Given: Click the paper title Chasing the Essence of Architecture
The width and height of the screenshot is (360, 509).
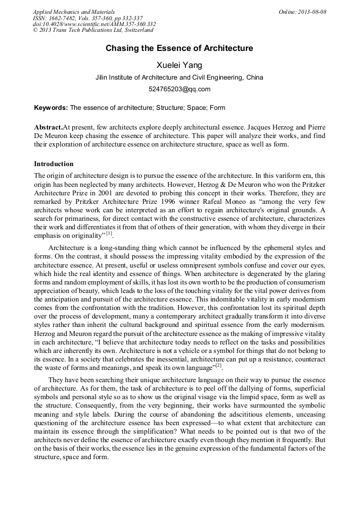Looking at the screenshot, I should click(x=179, y=49).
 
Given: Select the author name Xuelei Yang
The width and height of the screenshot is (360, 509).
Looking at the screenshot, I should click(x=179, y=65).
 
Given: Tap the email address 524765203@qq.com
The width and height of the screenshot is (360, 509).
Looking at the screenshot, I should click(x=179, y=89).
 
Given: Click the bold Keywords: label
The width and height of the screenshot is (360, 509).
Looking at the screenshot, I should click(x=51, y=108).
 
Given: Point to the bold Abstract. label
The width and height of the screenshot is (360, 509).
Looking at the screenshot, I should click(x=48, y=128).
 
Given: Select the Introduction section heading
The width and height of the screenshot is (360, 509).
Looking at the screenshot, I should click(x=54, y=164).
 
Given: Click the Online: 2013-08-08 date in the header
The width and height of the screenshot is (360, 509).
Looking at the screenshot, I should click(x=302, y=12).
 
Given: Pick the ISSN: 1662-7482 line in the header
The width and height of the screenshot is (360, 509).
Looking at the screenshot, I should click(x=53, y=18).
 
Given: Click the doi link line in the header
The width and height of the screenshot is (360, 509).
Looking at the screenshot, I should click(x=94, y=24).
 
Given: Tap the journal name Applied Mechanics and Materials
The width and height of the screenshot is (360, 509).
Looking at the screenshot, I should click(x=73, y=12).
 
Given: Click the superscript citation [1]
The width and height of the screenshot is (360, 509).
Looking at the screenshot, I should click(x=109, y=232).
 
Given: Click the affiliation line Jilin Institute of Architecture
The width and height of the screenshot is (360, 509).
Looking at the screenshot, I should click(x=179, y=77).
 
